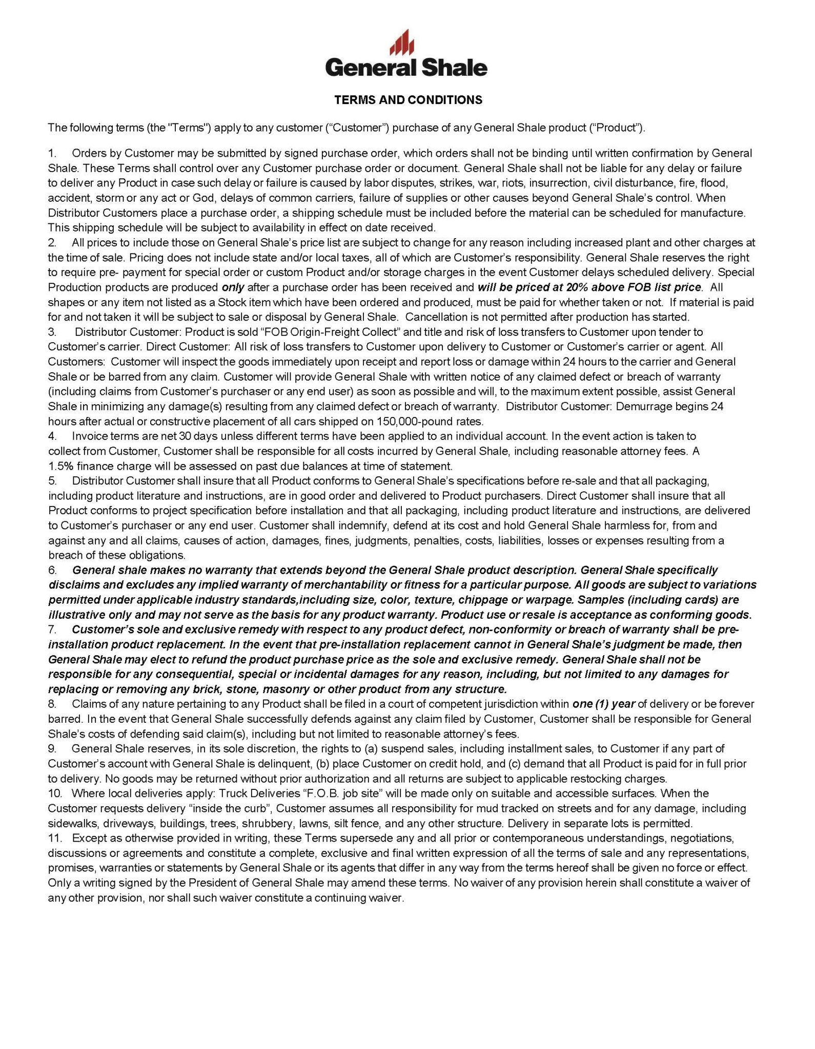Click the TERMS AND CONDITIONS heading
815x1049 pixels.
tap(408, 100)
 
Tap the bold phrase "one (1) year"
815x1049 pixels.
tap(603, 704)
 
